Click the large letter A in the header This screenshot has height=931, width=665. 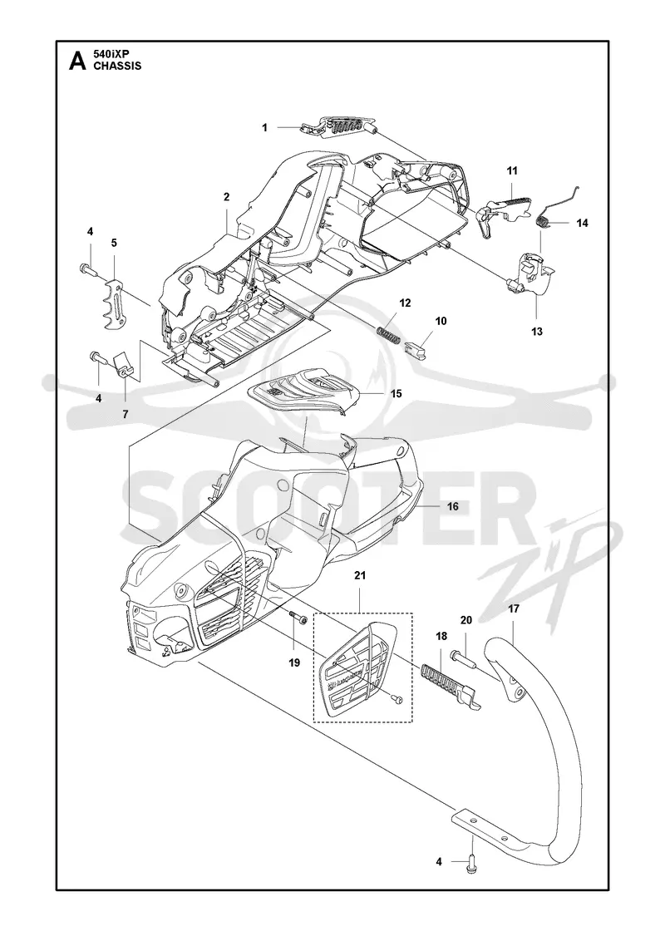(x=77, y=61)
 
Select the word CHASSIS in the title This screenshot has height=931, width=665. (x=117, y=66)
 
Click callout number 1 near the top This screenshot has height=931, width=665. (x=265, y=127)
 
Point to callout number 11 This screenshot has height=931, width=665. (x=512, y=170)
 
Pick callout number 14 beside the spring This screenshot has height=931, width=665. (x=582, y=223)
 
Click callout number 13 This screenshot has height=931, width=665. (x=537, y=332)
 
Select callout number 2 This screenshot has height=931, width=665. (x=226, y=196)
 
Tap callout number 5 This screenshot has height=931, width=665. (x=114, y=242)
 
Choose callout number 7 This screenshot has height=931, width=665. (x=126, y=414)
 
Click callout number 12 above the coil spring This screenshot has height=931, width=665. (x=405, y=303)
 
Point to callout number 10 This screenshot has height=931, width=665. (x=441, y=321)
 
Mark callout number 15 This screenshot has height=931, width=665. (x=396, y=393)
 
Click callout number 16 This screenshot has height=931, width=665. (x=452, y=506)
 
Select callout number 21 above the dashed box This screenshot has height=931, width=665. (x=361, y=575)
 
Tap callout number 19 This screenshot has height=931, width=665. (x=294, y=663)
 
